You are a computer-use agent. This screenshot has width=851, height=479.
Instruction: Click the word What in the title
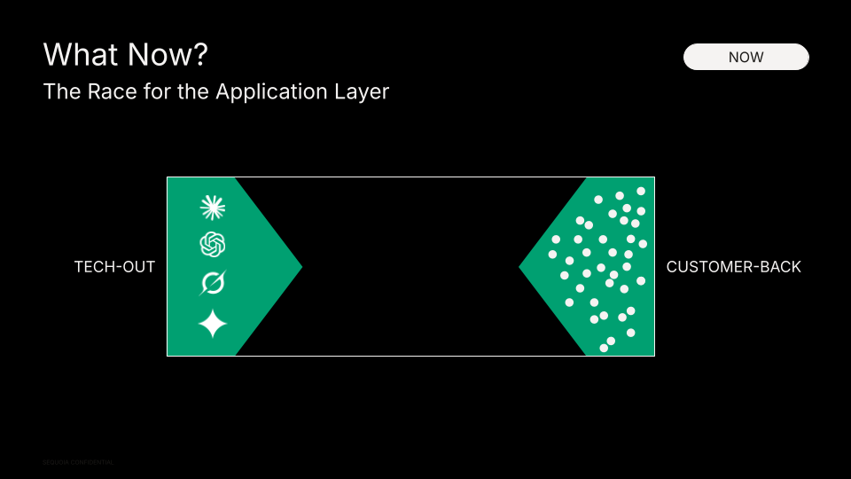click(78, 55)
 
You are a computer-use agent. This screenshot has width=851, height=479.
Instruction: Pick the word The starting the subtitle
click(60, 91)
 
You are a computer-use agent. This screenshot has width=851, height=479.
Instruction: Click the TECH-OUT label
click(114, 267)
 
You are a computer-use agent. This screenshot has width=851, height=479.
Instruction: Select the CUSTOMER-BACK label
click(733, 267)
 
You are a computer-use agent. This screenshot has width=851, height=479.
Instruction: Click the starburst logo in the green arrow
click(213, 208)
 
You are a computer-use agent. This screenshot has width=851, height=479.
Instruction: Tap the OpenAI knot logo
click(213, 244)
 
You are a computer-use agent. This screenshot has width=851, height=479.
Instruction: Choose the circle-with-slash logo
click(213, 283)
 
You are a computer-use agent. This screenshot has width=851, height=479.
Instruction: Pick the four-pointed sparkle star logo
click(213, 323)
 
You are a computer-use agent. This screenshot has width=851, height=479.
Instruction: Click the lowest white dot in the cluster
click(604, 348)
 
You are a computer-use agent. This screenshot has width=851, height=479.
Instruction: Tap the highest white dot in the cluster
click(641, 191)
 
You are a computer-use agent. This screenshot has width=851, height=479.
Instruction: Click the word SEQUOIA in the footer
click(56, 462)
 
